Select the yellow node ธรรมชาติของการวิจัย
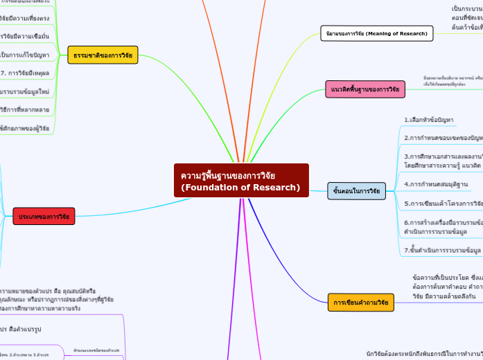coord(103,55)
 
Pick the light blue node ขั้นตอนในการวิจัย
coord(356,190)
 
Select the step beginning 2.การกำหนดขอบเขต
coord(444,138)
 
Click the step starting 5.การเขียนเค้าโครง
coord(444,204)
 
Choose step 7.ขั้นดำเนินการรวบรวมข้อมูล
coord(443,250)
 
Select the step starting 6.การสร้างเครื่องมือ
coord(444,227)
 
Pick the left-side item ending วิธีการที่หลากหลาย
coord(24,109)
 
